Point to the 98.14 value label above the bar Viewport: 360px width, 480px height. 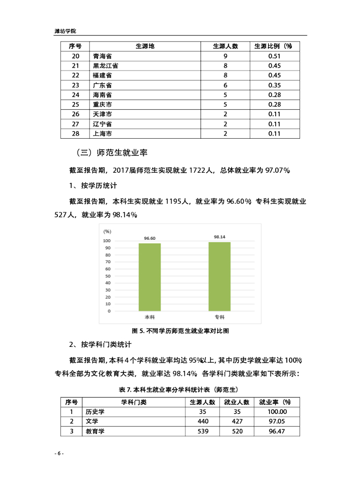pyautogui.click(x=219, y=237)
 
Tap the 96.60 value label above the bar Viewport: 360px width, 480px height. pyautogui.click(x=149, y=238)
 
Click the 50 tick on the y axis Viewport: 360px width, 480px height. pyautogui.click(x=108, y=276)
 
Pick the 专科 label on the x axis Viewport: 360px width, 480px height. pyautogui.click(x=219, y=317)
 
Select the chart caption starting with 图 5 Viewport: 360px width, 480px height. pyautogui.click(x=180, y=330)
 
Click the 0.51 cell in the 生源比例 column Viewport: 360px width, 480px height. pyautogui.click(x=274, y=56)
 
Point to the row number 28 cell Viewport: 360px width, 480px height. pyautogui.click(x=76, y=134)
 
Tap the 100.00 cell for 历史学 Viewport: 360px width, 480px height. pyautogui.click(x=277, y=412)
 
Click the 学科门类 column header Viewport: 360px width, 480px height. pyautogui.click(x=133, y=402)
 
